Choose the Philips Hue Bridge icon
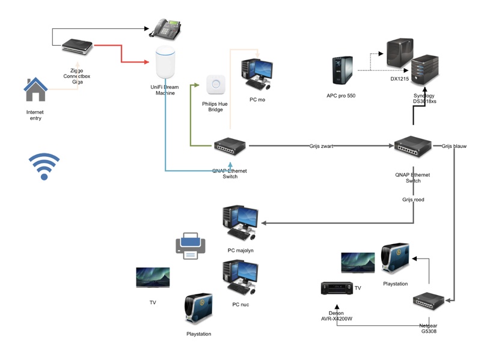point(215,85)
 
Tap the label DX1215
point(400,79)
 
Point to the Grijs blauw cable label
point(454,146)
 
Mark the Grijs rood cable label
point(413,200)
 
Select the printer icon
point(191,246)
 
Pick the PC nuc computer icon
point(240,278)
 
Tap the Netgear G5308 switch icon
point(429,302)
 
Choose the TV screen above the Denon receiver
point(358,263)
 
